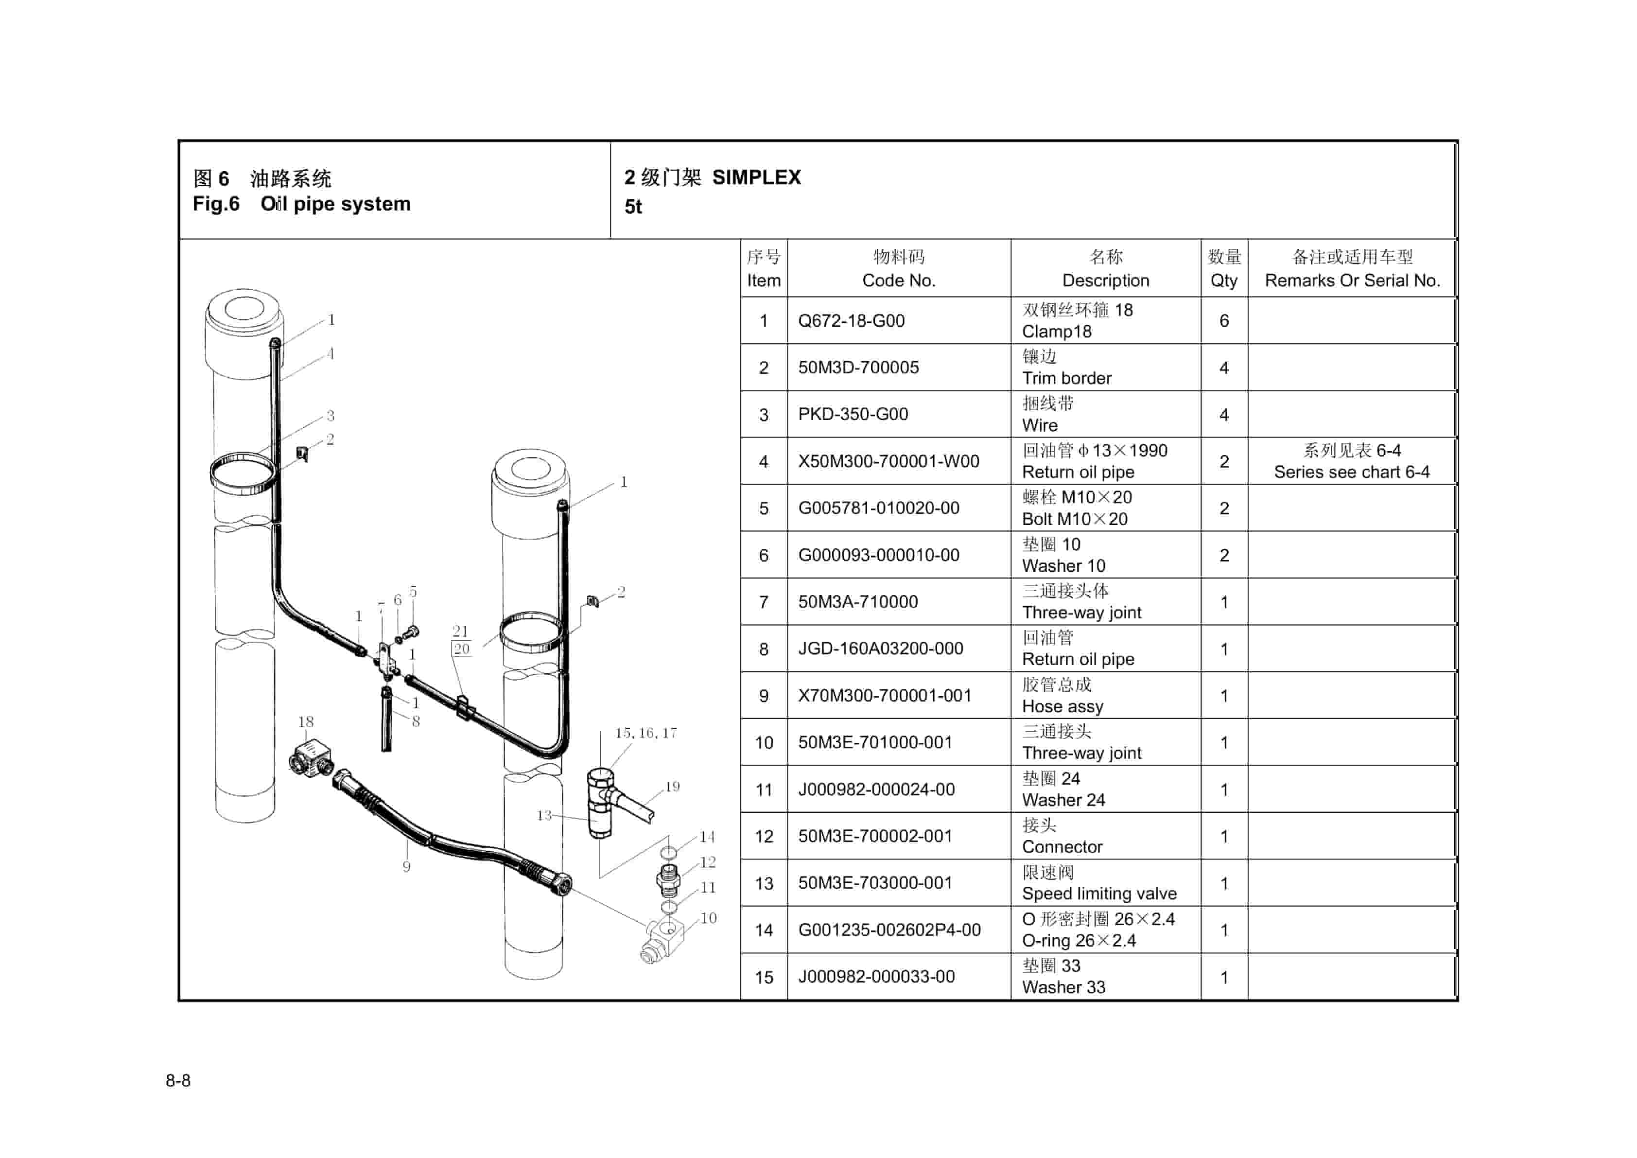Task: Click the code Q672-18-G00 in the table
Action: [x=851, y=321]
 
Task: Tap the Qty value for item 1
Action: [x=1223, y=321]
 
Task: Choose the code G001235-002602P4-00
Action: [x=889, y=930]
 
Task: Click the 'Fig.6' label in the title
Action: [x=215, y=204]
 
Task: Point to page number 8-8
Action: [x=178, y=1080]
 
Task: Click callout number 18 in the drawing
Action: [x=306, y=721]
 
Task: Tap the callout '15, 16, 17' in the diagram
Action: [x=646, y=733]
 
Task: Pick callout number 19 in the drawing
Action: [x=672, y=787]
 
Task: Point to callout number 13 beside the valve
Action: [x=544, y=815]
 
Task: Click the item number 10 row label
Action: [x=764, y=743]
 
